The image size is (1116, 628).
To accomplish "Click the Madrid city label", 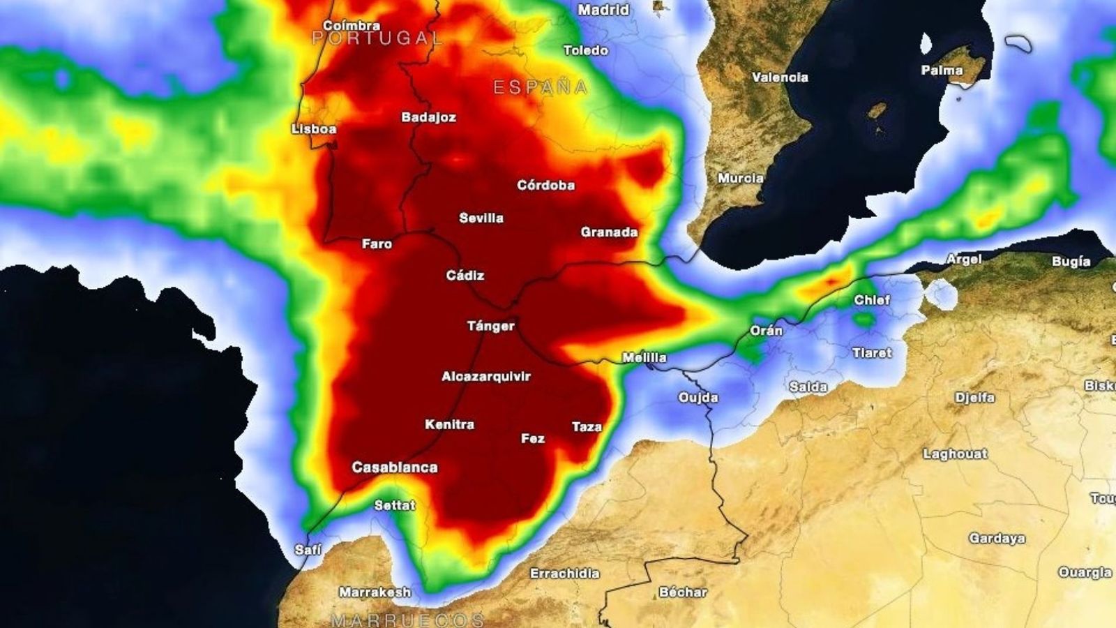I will click(603, 10).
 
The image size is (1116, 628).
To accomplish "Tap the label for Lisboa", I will click(314, 129).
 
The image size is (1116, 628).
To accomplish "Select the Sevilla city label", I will click(481, 218).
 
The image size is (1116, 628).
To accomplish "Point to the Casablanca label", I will click(395, 468).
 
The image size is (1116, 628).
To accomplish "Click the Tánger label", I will click(491, 326).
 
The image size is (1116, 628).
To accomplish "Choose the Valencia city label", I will click(780, 77).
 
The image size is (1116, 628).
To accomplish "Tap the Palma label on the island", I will click(942, 70).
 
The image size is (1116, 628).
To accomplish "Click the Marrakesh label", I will click(375, 592).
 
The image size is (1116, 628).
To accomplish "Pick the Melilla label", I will click(644, 358).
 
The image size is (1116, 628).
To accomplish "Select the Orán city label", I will click(766, 331).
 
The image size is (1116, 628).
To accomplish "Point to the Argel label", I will click(964, 260).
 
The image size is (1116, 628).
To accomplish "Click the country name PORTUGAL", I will click(377, 39).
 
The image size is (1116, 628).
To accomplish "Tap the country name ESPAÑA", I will click(541, 88).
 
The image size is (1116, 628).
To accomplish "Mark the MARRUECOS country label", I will click(407, 620).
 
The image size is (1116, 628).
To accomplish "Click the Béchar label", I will click(683, 592).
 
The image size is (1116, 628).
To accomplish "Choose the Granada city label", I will click(609, 232).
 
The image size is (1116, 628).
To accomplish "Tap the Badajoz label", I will click(428, 117).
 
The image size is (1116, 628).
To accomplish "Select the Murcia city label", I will click(741, 179).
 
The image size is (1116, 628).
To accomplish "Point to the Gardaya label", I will click(997, 539).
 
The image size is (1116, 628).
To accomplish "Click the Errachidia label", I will click(564, 574).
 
